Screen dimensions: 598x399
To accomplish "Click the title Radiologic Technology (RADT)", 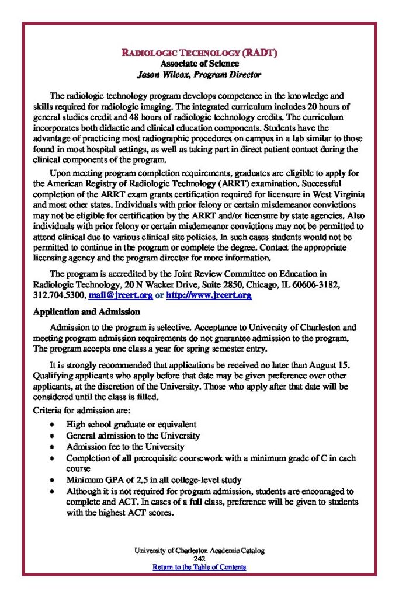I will (199, 53).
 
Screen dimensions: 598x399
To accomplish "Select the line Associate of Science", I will (199, 64).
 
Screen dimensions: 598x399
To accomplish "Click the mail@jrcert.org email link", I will (121, 295).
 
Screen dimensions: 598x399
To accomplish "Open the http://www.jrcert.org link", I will (209, 295).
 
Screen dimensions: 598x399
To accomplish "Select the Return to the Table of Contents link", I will (199, 567).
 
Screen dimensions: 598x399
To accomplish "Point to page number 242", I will (199, 559).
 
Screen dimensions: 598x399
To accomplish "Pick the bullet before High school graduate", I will (53, 425).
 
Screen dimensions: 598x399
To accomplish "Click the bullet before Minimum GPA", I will (53, 481).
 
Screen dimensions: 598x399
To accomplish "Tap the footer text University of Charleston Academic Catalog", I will (199, 550).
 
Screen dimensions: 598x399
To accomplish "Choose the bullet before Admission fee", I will (53, 447).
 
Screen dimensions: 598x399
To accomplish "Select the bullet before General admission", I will (53, 436).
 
